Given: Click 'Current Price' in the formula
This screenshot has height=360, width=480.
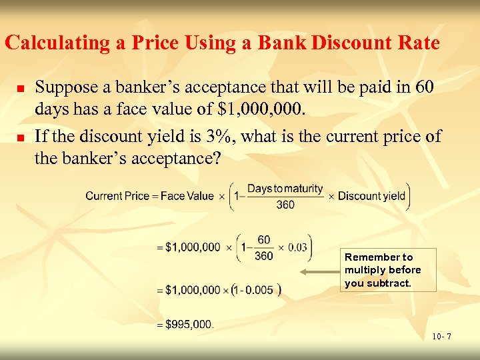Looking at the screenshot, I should [x=113, y=196].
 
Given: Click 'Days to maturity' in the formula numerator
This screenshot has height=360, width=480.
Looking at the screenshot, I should [x=285, y=189].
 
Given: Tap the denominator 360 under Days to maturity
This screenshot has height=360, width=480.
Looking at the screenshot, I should [x=285, y=205].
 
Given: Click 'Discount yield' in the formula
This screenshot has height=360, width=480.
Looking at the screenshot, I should [x=371, y=196].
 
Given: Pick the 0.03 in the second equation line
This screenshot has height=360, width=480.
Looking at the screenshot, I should [x=297, y=247].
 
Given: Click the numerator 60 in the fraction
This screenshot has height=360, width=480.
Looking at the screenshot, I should [x=264, y=240].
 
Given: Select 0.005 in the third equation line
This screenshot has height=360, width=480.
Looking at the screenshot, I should [x=260, y=290].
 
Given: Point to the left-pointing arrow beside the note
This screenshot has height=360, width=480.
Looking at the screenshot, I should [x=319, y=272].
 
